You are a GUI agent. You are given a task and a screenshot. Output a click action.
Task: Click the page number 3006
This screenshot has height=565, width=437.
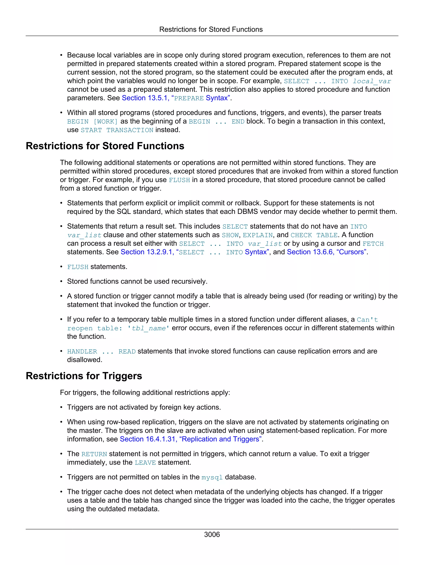coord(212,535)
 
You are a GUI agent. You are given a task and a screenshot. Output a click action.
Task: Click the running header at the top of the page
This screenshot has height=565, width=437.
coord(211,29)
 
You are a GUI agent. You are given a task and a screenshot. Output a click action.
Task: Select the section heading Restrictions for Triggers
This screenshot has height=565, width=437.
coord(84,376)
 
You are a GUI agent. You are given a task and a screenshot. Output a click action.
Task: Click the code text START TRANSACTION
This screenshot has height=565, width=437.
coord(117,130)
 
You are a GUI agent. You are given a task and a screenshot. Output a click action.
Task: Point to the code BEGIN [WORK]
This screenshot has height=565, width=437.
coord(92,122)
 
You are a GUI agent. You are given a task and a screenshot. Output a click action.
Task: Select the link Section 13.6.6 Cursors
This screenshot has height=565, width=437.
coord(327,252)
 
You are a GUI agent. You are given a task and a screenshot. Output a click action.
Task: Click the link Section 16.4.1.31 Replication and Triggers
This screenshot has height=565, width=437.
coord(191,439)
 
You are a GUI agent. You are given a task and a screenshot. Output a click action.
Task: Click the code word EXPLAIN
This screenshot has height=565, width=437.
coord(258,235)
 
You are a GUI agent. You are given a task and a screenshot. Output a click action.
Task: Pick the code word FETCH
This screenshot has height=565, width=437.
coord(373,244)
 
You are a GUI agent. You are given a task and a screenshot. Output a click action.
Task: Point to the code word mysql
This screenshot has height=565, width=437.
coord(212,478)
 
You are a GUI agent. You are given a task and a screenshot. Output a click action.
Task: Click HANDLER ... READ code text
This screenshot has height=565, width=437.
coord(101,352)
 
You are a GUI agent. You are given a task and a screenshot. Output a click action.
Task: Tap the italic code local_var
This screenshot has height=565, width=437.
coord(372,81)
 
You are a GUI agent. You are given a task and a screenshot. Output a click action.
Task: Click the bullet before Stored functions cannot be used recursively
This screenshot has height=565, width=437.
coord(61,281)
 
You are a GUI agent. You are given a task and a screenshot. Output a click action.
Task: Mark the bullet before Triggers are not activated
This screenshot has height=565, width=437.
coord(61,407)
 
